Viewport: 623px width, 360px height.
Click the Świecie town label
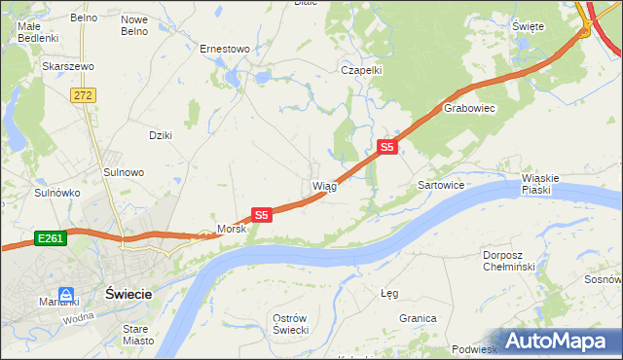[128, 292]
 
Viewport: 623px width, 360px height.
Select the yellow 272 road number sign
[83, 94]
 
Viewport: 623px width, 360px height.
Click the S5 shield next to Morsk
[261, 214]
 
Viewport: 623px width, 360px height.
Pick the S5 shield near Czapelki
[387, 147]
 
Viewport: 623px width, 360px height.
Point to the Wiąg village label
[324, 186]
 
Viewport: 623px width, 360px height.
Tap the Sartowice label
[440, 184]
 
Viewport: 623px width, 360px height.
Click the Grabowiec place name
[470, 109]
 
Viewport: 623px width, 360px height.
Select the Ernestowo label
[225, 48]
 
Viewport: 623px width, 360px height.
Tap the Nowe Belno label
[134, 24]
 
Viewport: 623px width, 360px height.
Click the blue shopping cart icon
[66, 294]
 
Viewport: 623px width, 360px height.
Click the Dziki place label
[161, 135]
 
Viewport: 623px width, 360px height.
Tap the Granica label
[417, 318]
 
